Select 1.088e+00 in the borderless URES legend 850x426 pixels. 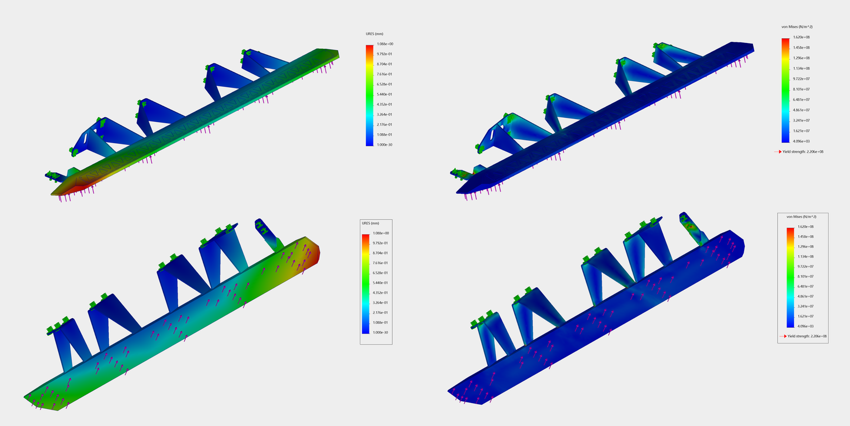coord(385,44)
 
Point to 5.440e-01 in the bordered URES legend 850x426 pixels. coord(381,283)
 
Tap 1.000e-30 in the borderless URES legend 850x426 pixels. coord(385,144)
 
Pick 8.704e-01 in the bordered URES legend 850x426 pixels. coord(381,253)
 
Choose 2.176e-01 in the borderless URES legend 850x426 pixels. coord(385,124)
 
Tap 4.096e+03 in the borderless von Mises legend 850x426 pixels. coord(801,141)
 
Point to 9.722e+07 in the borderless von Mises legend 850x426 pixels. coord(801,79)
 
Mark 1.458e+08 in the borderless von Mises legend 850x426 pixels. coord(801,48)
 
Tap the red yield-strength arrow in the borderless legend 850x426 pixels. coord(778,151)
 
